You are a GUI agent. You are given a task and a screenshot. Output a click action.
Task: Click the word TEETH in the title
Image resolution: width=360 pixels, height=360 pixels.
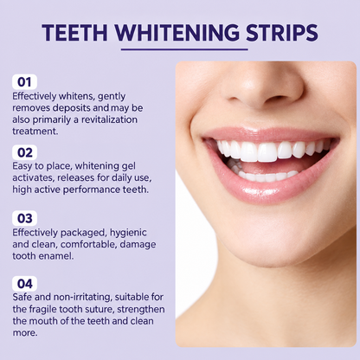(x=74, y=32)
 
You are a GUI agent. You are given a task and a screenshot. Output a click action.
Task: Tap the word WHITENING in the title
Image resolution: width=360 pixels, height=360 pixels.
(x=177, y=32)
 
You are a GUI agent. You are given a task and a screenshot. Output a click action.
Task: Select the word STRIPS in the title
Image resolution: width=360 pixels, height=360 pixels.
(x=282, y=32)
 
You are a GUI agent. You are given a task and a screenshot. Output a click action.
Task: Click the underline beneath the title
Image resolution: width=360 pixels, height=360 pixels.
(x=184, y=49)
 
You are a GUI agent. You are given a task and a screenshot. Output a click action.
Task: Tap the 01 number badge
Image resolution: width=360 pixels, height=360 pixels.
(x=24, y=82)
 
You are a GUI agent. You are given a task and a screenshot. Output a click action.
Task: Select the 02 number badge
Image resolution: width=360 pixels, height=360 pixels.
(x=24, y=152)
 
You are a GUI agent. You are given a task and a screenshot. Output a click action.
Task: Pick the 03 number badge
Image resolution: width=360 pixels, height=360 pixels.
(x=24, y=218)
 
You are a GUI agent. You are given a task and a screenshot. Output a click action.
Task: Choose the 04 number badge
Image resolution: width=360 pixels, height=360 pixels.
(x=24, y=284)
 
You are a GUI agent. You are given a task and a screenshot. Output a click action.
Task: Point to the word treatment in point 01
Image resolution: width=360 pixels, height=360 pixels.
(x=35, y=132)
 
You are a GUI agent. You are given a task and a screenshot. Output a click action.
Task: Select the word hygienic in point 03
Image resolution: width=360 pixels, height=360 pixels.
(x=128, y=233)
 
